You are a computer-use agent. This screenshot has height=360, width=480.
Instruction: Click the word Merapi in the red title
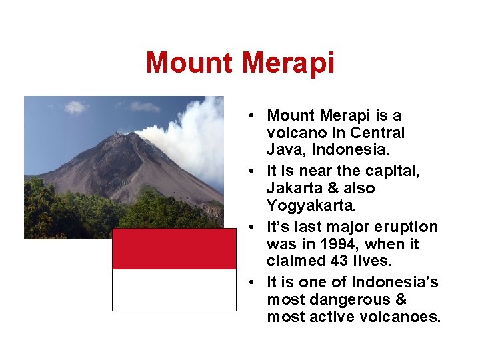288,63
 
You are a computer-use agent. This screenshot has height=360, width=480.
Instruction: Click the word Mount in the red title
191,63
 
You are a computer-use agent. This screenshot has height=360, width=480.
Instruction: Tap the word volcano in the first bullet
293,133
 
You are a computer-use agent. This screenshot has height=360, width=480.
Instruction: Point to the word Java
283,149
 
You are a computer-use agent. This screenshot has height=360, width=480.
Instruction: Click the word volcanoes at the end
407,317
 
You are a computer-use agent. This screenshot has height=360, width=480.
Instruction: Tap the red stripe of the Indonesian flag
174,249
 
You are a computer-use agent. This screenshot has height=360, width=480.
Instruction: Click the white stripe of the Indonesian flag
174,290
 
